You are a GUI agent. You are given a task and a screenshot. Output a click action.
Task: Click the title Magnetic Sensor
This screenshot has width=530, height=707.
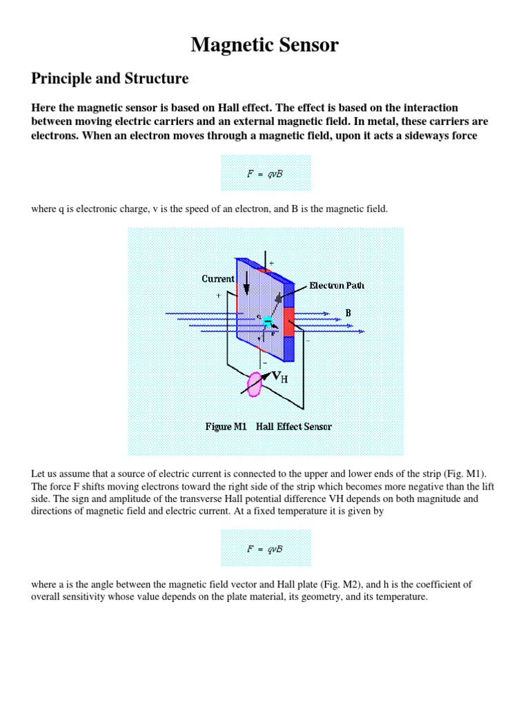(x=265, y=46)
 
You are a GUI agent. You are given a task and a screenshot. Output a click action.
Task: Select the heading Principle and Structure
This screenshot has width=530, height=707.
(x=110, y=79)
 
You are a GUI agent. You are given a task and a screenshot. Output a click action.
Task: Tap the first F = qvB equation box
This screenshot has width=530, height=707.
(x=266, y=173)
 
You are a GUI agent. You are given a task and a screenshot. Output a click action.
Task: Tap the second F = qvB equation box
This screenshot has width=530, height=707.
(x=266, y=548)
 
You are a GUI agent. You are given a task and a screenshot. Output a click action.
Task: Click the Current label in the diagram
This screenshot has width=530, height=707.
(x=218, y=279)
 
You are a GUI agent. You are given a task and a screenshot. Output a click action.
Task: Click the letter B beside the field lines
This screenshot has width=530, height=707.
(x=349, y=313)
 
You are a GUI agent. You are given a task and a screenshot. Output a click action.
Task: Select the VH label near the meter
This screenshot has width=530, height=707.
(x=279, y=377)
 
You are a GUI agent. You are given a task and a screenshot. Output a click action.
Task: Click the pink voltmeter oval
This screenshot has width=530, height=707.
(x=255, y=385)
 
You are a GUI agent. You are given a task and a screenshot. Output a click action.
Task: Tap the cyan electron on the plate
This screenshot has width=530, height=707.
(x=268, y=320)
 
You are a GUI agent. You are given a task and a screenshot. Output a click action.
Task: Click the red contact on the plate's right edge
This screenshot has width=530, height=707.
(x=288, y=324)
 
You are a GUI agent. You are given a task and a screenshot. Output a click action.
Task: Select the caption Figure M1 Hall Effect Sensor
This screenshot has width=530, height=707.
(x=268, y=427)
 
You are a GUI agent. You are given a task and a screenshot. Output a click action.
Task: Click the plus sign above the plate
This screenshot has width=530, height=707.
(x=271, y=263)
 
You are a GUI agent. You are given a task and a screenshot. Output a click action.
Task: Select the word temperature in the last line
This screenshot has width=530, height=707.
(x=400, y=597)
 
